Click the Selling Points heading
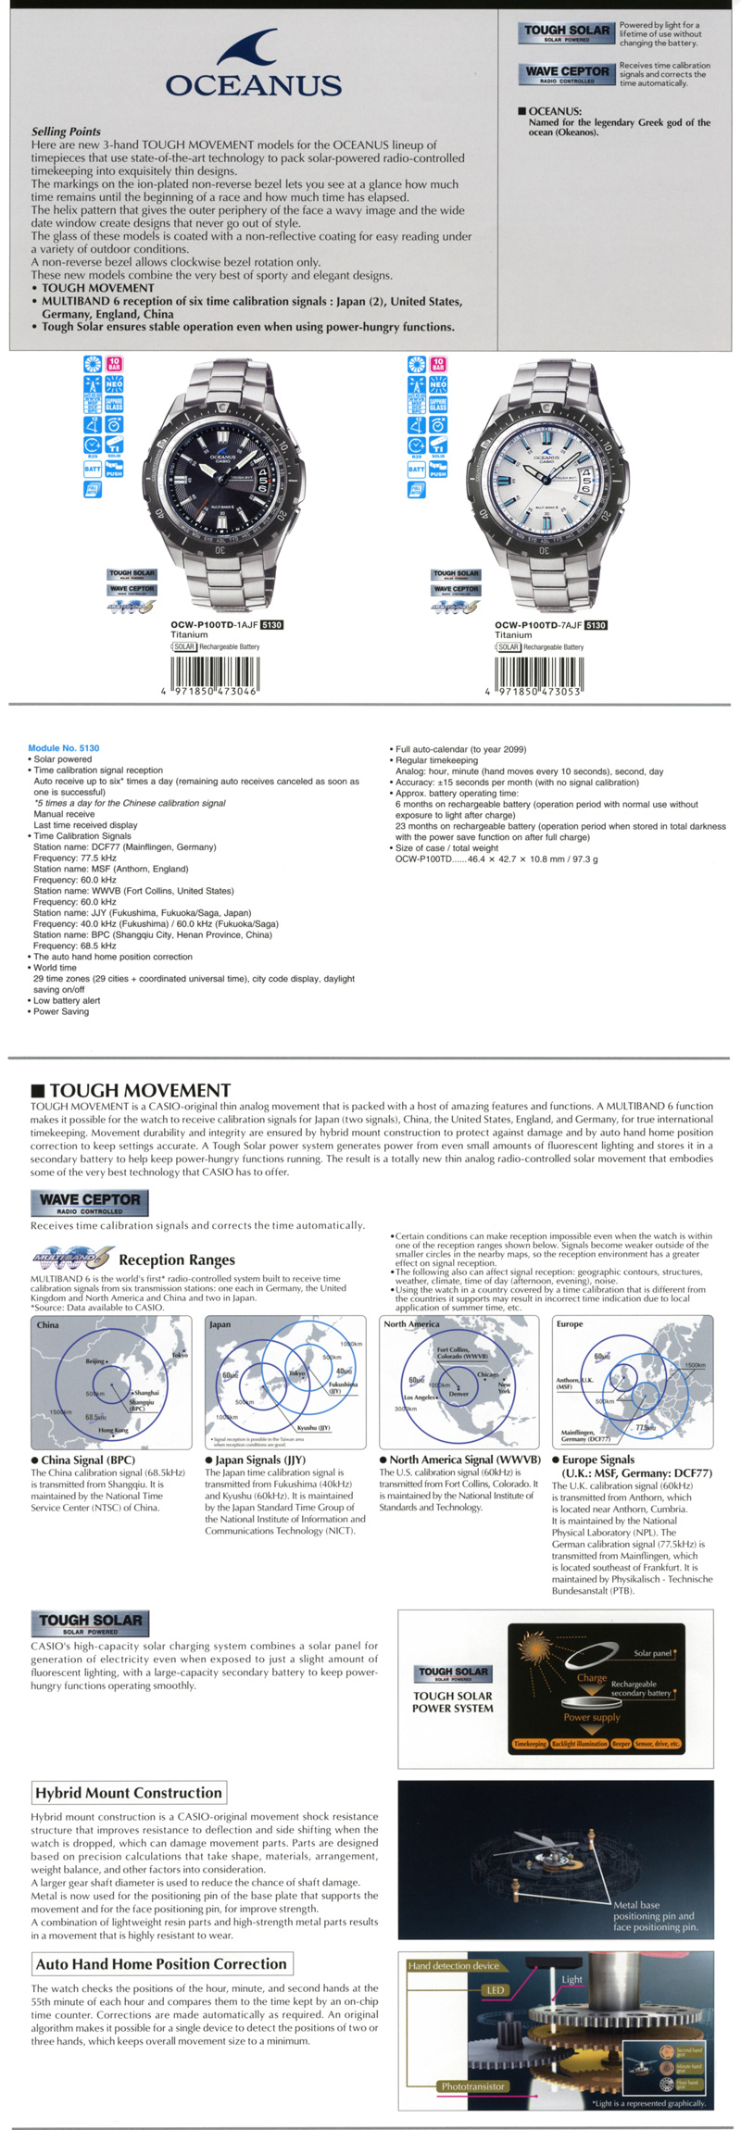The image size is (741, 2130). coord(66,132)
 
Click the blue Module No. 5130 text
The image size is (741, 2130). coord(64,747)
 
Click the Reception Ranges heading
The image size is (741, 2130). coord(176,1259)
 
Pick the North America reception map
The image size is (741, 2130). coord(458,1382)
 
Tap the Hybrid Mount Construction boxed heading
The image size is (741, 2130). coord(129,1793)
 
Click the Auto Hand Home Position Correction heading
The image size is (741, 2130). coord(161,1963)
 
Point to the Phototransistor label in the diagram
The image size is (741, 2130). coord(472,2086)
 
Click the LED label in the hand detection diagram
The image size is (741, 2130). coord(496,1989)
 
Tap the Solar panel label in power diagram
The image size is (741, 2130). coord(653,1653)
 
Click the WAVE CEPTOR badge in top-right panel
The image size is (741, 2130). coord(567,73)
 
